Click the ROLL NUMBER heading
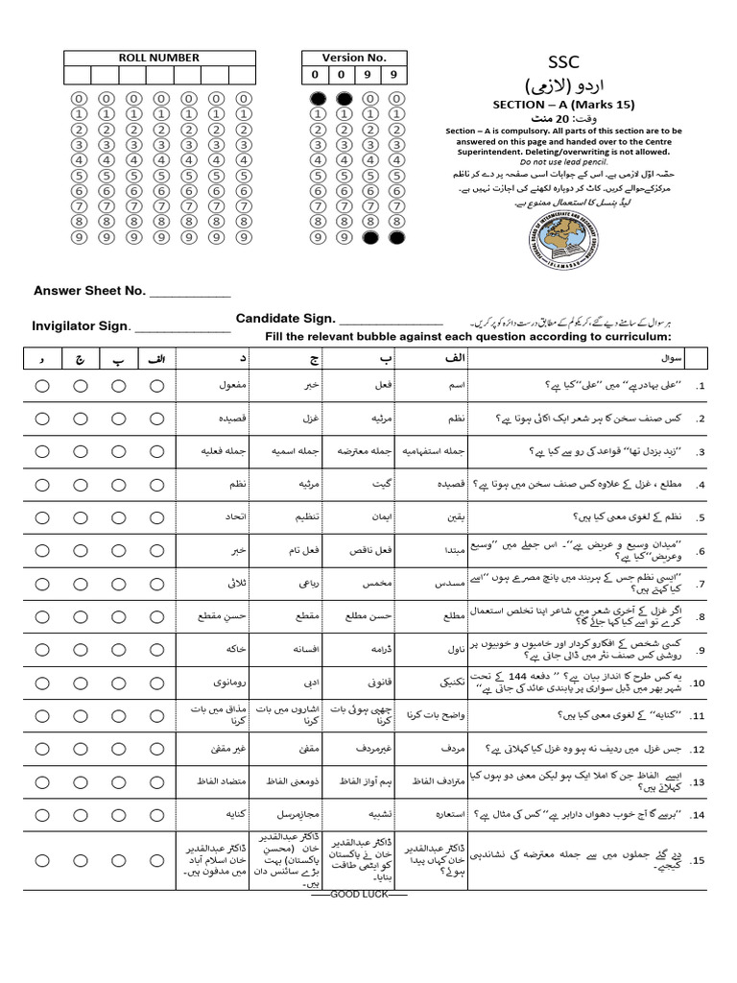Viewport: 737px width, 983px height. tap(158, 58)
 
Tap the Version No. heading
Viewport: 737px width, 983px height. tap(354, 58)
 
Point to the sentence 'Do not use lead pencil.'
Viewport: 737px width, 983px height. tap(563, 161)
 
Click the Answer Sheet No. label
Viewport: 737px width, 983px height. tap(89, 291)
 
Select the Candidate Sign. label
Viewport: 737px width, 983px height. tap(285, 319)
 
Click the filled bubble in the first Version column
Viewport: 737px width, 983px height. tap(317, 98)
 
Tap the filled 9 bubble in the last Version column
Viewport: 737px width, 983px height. tap(395, 236)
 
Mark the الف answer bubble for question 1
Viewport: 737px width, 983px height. tap(156, 386)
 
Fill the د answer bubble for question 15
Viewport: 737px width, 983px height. tap(43, 859)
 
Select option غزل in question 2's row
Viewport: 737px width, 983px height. tap(311, 419)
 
